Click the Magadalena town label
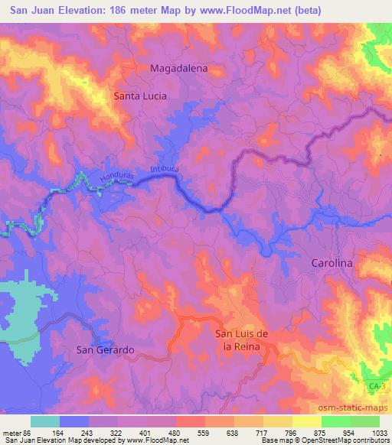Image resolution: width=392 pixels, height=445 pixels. (179, 68)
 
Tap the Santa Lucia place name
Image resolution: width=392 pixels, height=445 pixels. (140, 96)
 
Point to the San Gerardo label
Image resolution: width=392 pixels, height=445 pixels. (106, 349)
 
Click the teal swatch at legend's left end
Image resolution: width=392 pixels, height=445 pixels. (45, 421)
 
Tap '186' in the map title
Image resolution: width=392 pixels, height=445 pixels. (115, 10)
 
